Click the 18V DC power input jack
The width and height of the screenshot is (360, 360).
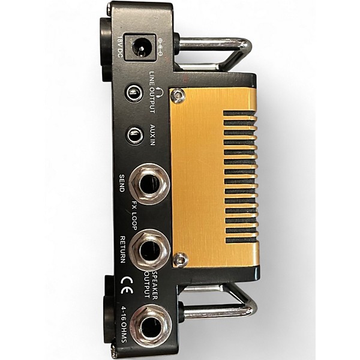[141, 47]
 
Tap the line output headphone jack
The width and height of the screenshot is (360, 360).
[134, 92]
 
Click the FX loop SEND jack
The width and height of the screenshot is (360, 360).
[149, 184]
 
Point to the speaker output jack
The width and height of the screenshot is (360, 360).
[151, 325]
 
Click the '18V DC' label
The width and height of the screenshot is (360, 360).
[120, 47]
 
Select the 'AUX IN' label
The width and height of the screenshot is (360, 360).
[152, 135]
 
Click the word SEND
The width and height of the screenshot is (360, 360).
[122, 183]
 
